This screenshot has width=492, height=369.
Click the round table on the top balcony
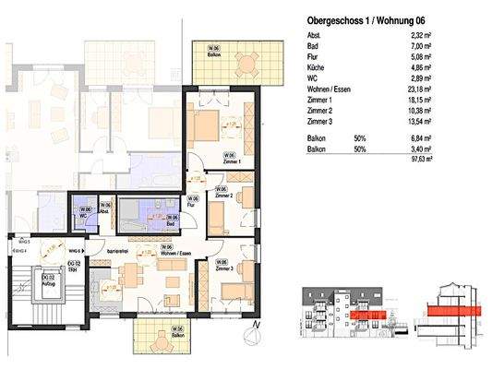(x=245, y=63)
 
